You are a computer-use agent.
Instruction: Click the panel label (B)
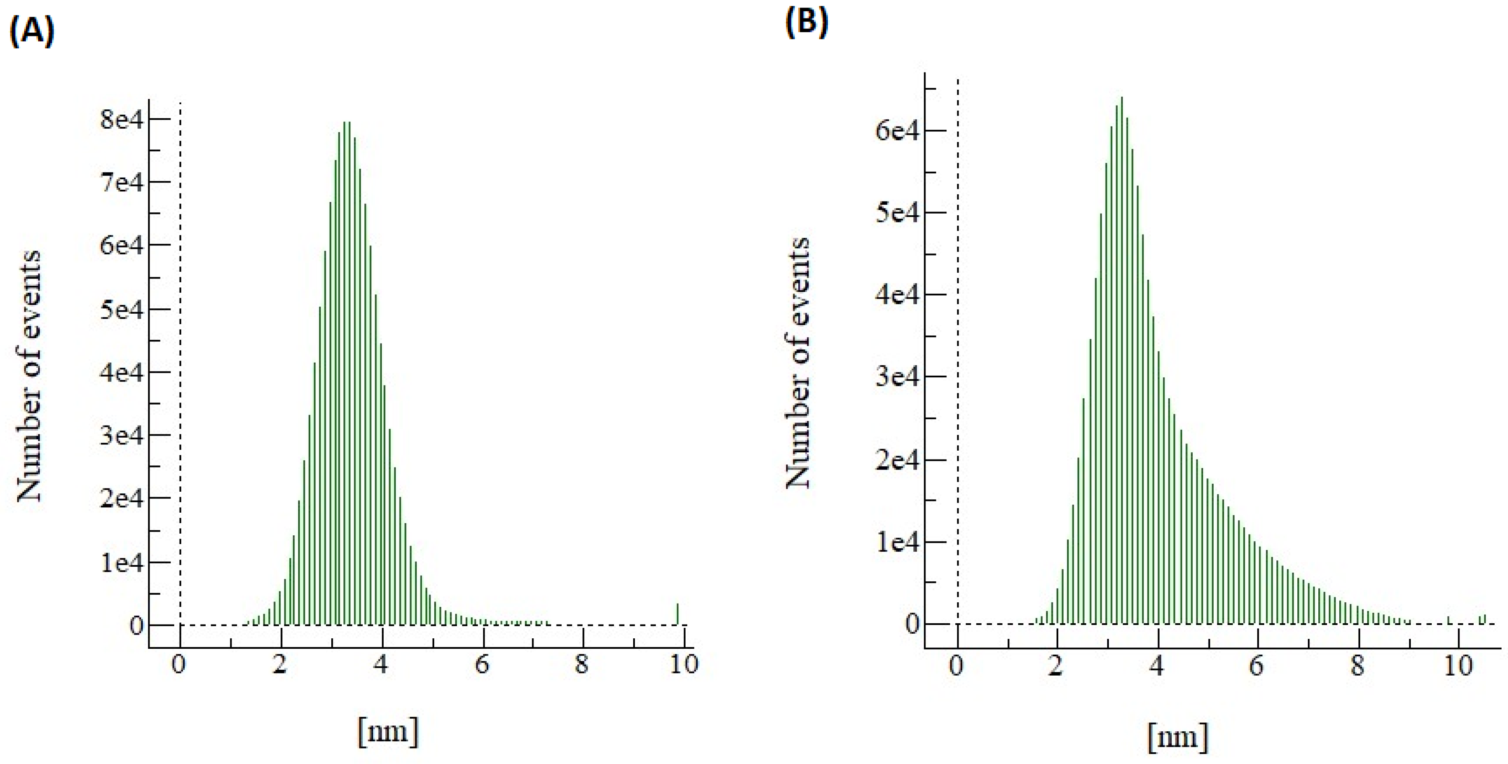coord(806,23)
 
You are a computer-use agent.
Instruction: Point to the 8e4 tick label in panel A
coord(121,120)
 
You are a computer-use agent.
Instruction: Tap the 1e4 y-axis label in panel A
coord(121,563)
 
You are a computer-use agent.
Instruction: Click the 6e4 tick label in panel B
coord(897,130)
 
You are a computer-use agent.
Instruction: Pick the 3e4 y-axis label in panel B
coord(897,377)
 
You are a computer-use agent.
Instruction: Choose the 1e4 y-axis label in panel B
coord(897,542)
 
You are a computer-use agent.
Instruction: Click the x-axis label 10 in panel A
coord(683,664)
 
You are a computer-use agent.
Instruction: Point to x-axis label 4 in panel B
coord(1157,666)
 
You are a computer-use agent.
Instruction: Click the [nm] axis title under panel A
coord(388,731)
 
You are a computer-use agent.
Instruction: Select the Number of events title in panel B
coord(797,363)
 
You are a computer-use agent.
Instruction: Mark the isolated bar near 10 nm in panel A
coord(677,614)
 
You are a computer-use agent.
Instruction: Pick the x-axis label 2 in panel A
coord(281,664)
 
